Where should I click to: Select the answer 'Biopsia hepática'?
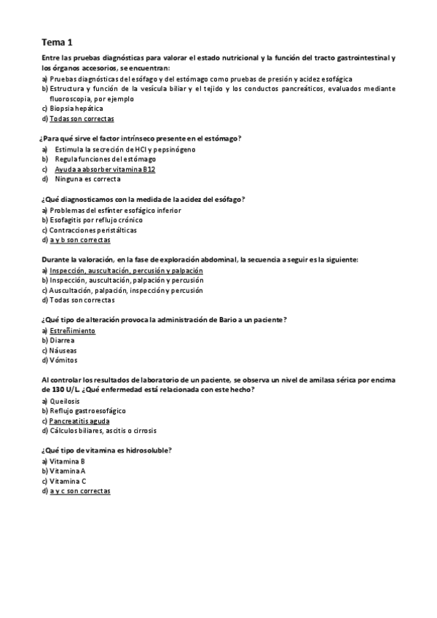(81, 109)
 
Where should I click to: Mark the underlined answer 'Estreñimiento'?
(72, 331)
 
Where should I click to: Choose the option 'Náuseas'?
(63, 351)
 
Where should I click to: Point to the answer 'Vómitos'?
(63, 360)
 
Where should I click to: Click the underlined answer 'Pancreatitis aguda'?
(79, 421)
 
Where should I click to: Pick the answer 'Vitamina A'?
(68, 471)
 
